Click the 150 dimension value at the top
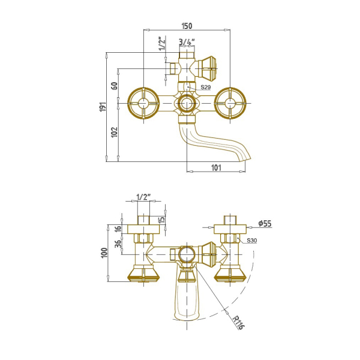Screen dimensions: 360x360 [x=187, y=26]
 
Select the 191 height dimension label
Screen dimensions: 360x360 [x=103, y=107]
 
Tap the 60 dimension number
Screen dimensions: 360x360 [x=115, y=86]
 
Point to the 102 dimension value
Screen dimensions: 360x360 [x=115, y=132]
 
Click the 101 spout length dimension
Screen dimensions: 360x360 [x=216, y=167]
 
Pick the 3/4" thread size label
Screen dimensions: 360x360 [x=187, y=42]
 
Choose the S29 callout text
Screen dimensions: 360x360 [x=205, y=87]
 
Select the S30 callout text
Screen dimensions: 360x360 [x=251, y=241]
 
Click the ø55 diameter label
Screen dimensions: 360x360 [x=265, y=223]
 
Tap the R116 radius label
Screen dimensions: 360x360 [x=238, y=322]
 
